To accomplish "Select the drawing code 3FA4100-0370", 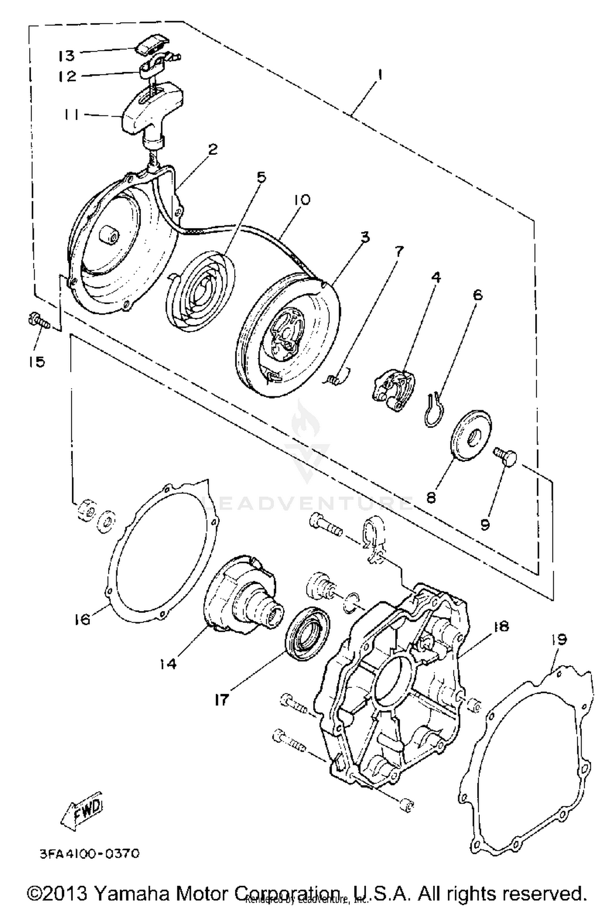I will [89, 854].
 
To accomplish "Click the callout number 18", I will [501, 626].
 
